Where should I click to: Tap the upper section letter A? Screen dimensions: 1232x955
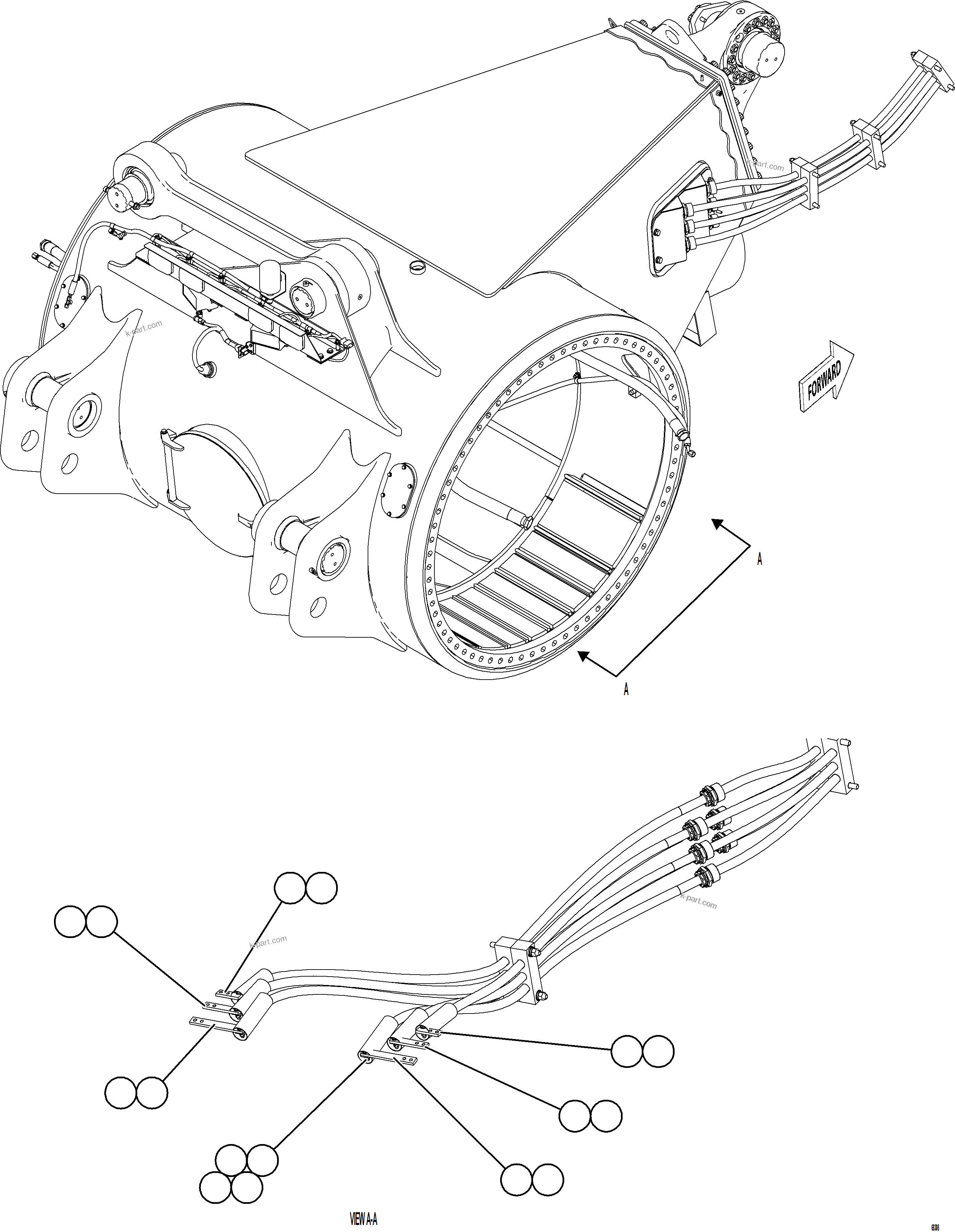(x=759, y=559)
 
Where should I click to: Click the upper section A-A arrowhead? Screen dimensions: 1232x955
(x=718, y=524)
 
